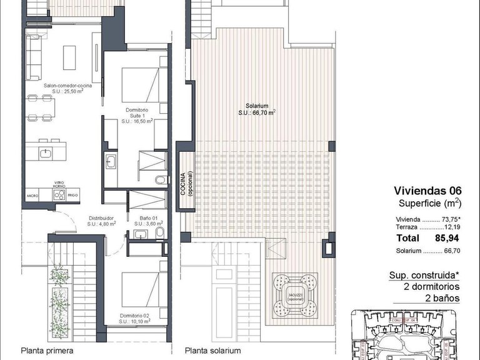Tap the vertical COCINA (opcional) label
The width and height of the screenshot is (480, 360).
[186, 184]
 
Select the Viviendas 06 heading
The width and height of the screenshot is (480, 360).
[427, 191]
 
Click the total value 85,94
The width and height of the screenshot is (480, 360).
[447, 238]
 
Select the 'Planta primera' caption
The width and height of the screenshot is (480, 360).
[47, 351]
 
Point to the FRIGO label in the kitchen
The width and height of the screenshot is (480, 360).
[73, 196]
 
